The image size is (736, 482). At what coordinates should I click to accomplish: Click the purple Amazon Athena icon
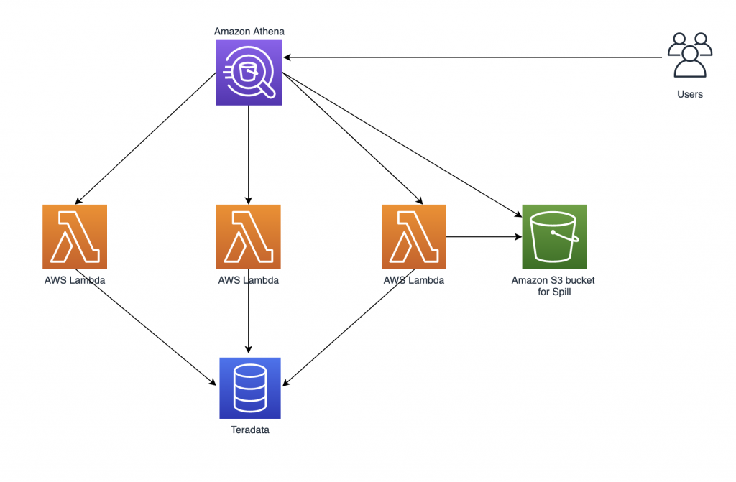point(249,73)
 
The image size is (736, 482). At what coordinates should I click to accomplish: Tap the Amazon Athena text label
point(249,32)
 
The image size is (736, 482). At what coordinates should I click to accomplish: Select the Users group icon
point(690,55)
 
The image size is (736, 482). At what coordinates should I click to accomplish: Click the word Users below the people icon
point(690,94)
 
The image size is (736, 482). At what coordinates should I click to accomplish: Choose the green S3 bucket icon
point(554,237)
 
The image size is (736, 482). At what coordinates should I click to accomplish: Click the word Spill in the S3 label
point(561,292)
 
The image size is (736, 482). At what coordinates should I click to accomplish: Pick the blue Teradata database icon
point(250,388)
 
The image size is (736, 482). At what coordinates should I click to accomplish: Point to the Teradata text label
point(250,430)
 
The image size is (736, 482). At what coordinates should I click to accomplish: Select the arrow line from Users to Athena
point(473,57)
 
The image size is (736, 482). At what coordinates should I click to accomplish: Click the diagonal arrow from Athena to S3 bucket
point(402,145)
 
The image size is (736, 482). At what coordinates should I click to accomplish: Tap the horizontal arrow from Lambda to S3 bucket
point(484,237)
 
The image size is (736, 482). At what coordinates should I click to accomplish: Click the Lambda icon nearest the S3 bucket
point(414,237)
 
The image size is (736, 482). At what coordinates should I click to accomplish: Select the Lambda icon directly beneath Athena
point(249,237)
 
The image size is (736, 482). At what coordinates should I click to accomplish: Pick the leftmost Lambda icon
point(75,237)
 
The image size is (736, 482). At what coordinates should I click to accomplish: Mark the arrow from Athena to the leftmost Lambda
point(145,139)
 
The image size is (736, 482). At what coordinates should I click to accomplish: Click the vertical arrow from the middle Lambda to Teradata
point(249,311)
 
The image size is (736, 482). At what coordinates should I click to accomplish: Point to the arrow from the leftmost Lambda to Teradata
point(145,328)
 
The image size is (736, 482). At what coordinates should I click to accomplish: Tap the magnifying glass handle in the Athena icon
point(267,90)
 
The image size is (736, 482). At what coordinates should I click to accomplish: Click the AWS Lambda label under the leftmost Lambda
point(75,280)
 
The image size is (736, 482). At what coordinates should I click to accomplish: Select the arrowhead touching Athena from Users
point(286,57)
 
